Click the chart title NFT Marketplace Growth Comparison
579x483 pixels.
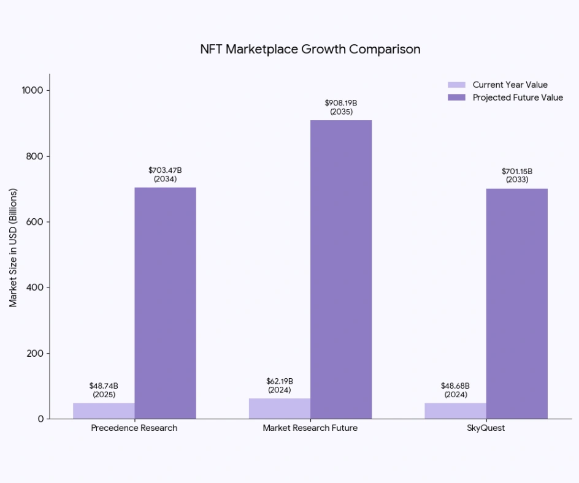point(310,49)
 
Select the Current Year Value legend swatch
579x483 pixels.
point(457,85)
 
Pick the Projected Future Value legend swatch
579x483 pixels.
point(457,97)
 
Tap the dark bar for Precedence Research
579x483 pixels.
point(165,303)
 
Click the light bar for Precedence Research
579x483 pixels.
point(104,411)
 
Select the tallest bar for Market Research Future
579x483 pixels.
point(341,270)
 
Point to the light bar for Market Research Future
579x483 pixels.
point(280,409)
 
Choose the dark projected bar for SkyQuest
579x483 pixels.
point(516,303)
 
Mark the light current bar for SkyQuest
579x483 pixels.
point(455,411)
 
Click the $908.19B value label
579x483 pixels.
point(341,103)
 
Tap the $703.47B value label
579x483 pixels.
point(165,170)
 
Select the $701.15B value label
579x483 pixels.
point(516,171)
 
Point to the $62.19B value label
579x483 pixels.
point(280,381)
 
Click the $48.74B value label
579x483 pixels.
point(104,386)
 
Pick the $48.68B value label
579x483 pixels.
point(455,386)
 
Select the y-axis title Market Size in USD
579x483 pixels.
point(13,248)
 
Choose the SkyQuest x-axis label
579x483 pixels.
point(486,428)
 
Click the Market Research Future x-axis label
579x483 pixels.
point(310,428)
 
